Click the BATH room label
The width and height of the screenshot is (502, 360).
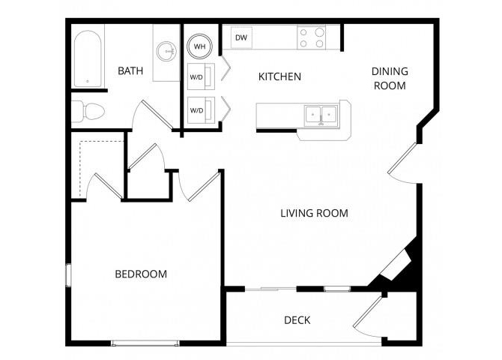(x=130, y=71)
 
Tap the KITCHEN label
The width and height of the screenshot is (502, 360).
(x=279, y=76)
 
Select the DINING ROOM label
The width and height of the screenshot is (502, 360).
(x=390, y=78)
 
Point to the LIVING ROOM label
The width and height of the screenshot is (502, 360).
(x=314, y=213)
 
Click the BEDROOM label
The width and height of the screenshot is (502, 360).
(x=141, y=274)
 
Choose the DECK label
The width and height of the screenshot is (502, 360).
(x=297, y=320)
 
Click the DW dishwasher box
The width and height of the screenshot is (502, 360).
(x=241, y=37)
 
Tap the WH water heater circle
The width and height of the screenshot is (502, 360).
(x=200, y=46)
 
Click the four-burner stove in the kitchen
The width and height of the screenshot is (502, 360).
(x=311, y=37)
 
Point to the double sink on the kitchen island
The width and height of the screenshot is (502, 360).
(x=321, y=115)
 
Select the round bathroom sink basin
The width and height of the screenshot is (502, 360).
(x=166, y=51)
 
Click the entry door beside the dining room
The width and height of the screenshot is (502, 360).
(x=402, y=161)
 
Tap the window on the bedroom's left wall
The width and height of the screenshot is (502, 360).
(x=68, y=274)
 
